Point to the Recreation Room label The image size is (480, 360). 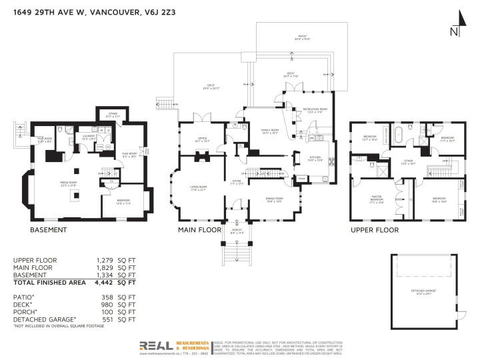(x=314, y=110)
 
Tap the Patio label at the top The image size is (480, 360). (x=303, y=38)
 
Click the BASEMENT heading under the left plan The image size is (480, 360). (x=49, y=230)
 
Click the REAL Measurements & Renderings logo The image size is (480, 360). (x=176, y=346)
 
